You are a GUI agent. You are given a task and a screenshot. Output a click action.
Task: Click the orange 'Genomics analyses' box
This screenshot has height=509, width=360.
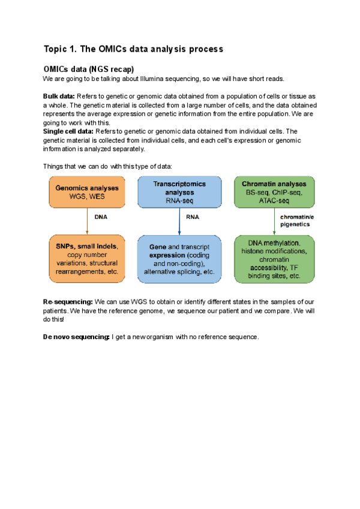point(88,192)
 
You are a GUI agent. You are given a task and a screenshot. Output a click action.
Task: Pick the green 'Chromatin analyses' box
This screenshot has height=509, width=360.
point(274,192)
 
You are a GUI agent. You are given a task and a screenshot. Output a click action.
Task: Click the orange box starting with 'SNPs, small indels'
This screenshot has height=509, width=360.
point(88,259)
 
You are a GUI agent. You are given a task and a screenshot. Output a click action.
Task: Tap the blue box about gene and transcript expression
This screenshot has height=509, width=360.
point(179,259)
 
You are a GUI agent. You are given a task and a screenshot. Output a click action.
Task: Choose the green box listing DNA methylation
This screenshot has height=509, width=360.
point(274,259)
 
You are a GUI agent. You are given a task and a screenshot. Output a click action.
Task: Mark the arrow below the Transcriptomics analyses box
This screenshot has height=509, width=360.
point(179,222)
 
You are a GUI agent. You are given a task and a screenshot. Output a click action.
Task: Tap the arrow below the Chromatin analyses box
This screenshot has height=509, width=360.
point(274,222)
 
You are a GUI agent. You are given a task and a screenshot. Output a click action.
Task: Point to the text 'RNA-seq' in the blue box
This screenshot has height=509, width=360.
point(179,202)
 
